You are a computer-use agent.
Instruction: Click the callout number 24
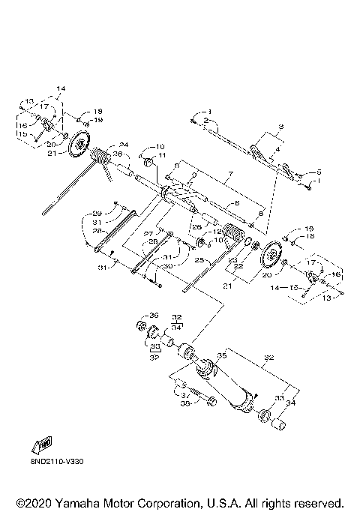click(x=124, y=145)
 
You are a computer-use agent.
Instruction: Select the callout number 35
click(x=221, y=355)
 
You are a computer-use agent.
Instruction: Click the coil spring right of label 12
click(x=235, y=234)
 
